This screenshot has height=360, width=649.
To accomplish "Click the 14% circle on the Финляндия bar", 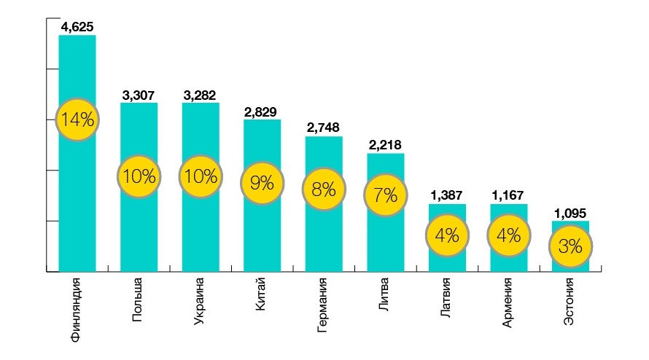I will click(77, 120).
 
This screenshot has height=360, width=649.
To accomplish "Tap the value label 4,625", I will click(77, 27).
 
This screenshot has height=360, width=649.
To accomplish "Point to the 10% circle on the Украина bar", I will click(201, 176).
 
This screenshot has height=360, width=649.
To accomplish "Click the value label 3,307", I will click(139, 95).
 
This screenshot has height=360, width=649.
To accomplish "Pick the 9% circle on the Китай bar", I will click(262, 183).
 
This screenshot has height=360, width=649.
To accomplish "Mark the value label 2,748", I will click(323, 128).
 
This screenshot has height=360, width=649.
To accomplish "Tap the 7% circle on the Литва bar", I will click(385, 195).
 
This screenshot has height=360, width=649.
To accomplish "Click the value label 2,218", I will click(385, 145).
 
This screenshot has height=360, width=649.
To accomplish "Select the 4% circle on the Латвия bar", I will click(446, 235).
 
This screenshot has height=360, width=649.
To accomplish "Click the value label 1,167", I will click(508, 195).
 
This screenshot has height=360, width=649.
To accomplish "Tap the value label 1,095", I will click(570, 213).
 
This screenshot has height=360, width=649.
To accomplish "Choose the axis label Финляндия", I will click(77, 308).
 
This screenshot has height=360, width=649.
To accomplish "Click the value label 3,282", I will click(201, 95).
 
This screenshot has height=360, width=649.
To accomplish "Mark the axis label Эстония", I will click(570, 300).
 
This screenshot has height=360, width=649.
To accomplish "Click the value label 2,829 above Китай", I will click(262, 111).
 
